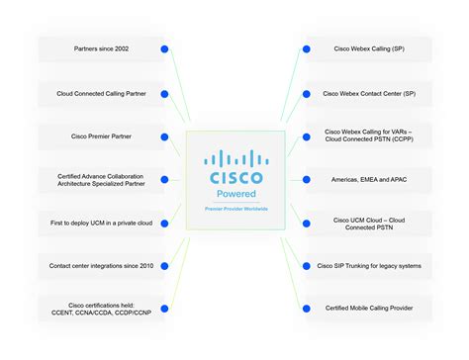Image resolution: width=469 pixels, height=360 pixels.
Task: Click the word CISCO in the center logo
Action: click(234, 178)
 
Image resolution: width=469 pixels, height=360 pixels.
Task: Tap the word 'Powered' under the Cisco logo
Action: click(234, 196)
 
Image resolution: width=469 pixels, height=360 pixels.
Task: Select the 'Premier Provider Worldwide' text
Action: click(234, 210)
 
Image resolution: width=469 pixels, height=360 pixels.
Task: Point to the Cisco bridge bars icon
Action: click(234, 159)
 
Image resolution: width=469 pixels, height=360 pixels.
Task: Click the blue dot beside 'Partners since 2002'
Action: click(165, 48)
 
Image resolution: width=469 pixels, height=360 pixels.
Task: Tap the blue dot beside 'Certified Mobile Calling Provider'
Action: click(302, 309)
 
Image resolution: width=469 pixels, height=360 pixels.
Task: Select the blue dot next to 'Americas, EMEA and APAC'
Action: click(302, 180)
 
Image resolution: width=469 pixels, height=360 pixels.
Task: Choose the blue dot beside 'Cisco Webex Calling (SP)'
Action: click(302, 48)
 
